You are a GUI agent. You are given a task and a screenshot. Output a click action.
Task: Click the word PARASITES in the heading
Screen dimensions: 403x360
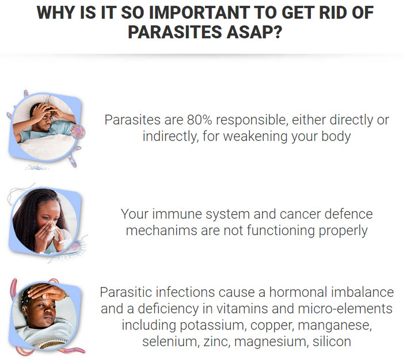point(175,32)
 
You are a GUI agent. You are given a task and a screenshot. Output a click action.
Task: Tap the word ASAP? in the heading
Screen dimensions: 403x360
point(254,32)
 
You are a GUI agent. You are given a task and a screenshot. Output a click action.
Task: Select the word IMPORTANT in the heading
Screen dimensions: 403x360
point(199,12)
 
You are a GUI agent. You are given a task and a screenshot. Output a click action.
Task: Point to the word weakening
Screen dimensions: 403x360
point(256,137)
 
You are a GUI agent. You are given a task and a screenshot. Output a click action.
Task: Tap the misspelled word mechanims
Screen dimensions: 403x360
point(161,231)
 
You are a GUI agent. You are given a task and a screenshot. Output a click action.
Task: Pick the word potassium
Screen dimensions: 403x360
point(211,325)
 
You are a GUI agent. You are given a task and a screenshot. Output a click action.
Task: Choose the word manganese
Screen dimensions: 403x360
point(334,326)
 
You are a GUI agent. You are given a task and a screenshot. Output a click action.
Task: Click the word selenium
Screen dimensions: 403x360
point(170,342)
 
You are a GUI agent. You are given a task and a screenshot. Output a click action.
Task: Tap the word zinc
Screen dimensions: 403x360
point(216,342)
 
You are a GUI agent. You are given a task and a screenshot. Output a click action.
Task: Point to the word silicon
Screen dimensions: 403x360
point(332,342)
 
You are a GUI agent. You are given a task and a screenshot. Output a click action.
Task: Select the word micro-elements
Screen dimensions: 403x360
point(345,308)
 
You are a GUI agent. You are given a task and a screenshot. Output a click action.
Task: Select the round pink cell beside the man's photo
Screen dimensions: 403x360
point(78,132)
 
